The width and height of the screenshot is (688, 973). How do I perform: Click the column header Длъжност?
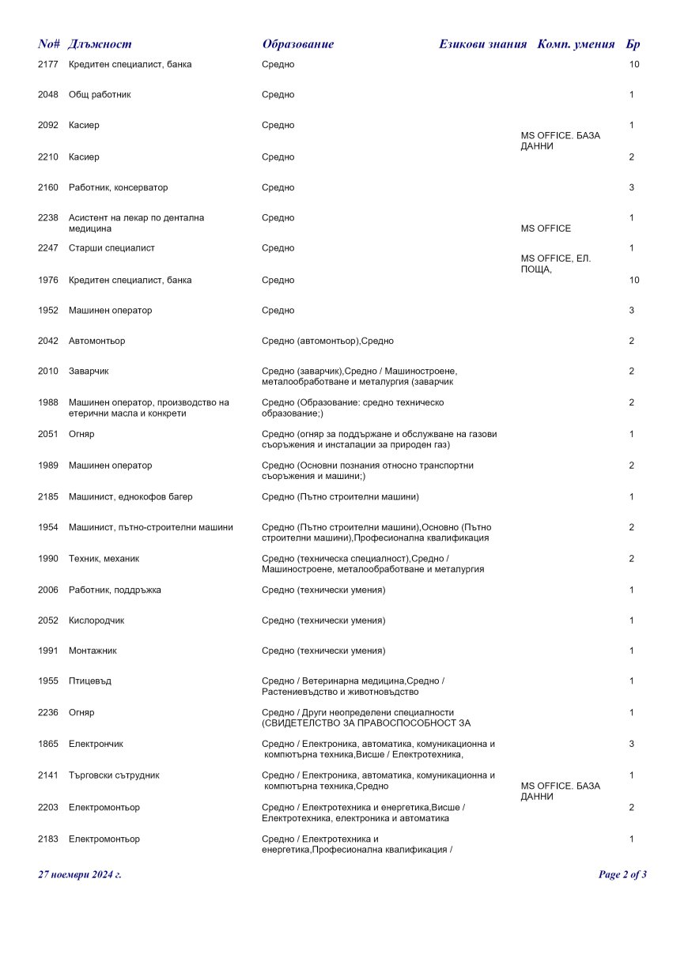coord(100,44)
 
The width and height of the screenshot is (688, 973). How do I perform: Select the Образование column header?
coord(297,44)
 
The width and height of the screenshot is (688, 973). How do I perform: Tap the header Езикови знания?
coord(482,44)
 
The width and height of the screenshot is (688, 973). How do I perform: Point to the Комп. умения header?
coord(576,44)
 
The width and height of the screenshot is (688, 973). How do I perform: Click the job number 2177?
coord(47,64)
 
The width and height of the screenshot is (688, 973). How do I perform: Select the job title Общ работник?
coord(100,95)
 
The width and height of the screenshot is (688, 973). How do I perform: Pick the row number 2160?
coord(47,188)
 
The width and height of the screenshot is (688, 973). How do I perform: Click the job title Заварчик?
coord(89,371)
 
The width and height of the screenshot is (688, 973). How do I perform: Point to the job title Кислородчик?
coord(96,621)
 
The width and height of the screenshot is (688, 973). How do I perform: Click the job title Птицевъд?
coord(90,681)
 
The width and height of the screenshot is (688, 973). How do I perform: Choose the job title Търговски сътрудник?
coord(114,776)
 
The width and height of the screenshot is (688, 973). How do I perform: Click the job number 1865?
coord(47,745)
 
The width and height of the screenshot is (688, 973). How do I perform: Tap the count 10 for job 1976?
coord(633,281)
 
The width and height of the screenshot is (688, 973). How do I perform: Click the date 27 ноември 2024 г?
coord(80,875)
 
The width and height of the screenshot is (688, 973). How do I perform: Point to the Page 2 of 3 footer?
coord(622,875)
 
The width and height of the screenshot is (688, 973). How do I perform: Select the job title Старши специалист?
coord(112,248)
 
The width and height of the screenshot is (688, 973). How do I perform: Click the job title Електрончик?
coord(96,745)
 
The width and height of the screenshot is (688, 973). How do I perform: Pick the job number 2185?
coord(47,497)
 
